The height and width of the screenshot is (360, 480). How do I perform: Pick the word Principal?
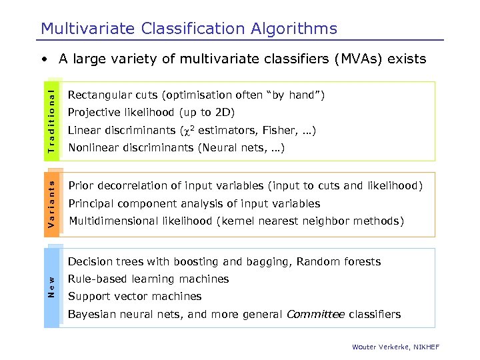pyautogui.click(x=90, y=204)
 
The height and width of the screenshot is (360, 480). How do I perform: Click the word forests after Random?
pyautogui.click(x=362, y=262)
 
